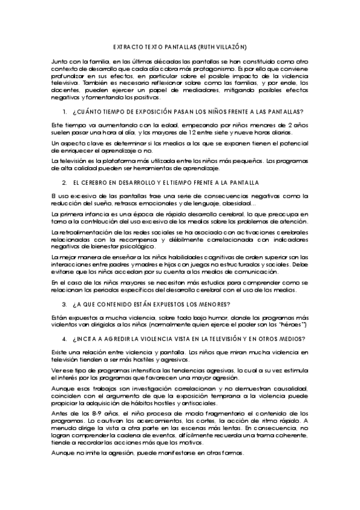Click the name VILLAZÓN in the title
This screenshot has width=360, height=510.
[x=229, y=46]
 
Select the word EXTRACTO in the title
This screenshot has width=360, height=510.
[x=127, y=46]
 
